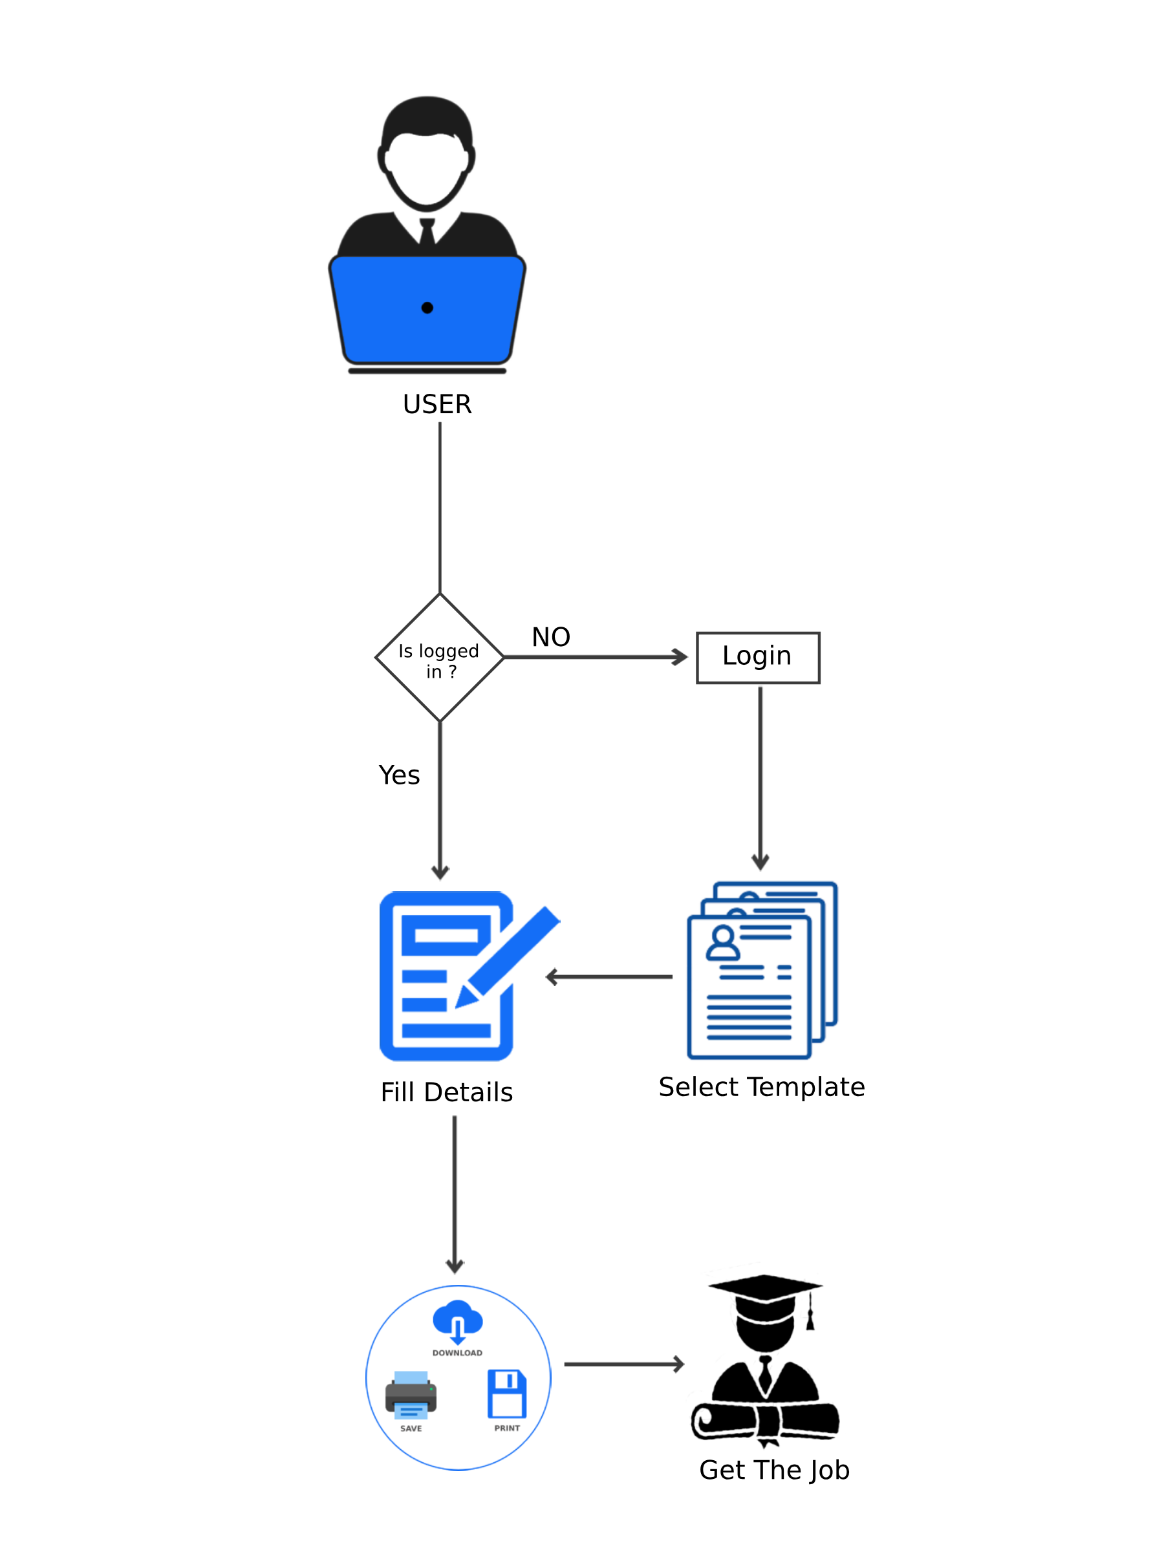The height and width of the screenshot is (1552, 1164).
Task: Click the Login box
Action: point(758,658)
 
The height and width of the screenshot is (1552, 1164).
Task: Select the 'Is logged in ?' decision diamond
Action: point(440,658)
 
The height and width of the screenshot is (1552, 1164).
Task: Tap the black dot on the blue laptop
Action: point(427,307)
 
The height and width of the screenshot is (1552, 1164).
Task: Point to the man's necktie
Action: point(427,230)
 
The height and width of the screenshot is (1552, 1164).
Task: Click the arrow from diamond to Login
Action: point(596,658)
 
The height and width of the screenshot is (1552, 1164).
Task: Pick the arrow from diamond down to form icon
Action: point(440,800)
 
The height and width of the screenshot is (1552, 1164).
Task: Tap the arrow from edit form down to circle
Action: point(455,1192)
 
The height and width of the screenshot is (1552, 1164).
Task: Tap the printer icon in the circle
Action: point(411,1395)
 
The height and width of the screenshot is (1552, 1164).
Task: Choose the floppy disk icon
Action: point(506,1394)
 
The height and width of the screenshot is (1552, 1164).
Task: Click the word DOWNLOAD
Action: point(457,1353)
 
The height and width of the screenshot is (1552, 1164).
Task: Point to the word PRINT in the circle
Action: point(506,1428)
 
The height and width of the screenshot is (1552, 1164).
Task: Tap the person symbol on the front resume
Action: point(723,942)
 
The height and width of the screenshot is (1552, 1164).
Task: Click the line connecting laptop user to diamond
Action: point(440,505)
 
